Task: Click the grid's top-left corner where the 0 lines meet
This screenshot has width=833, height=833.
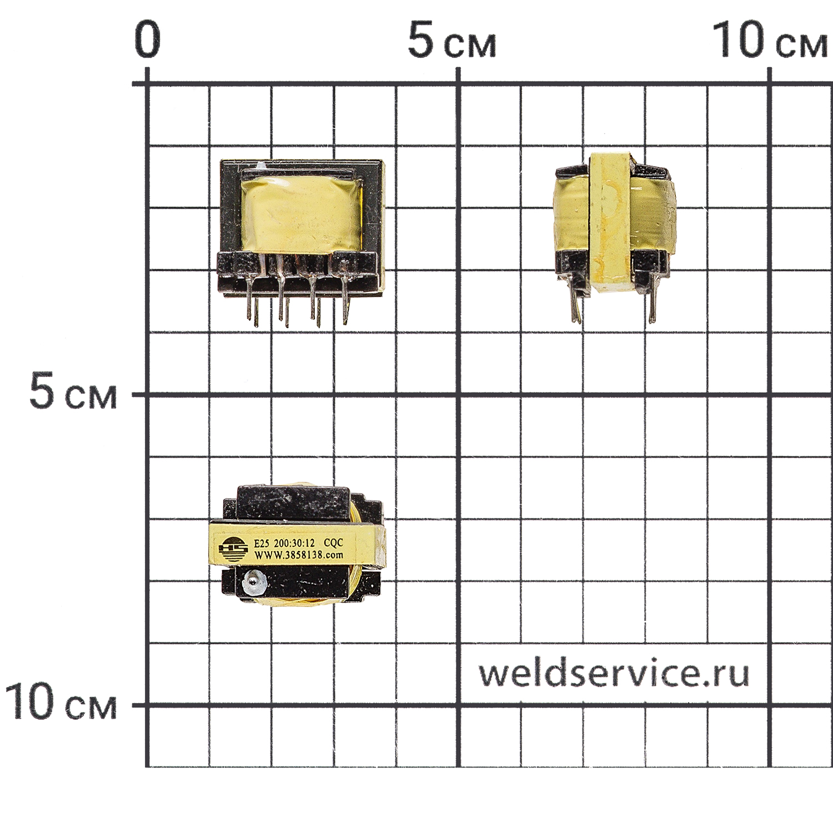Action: (147, 84)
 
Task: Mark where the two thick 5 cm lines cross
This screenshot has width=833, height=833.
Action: (458, 395)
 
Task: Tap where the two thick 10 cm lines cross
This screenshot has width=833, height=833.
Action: (769, 705)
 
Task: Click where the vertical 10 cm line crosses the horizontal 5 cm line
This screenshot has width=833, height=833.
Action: (769, 395)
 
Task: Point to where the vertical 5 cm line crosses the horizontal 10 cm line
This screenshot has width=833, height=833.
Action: (458, 705)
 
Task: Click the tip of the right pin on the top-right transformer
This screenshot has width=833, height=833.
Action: (653, 323)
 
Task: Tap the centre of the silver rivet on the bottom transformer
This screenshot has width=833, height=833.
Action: (253, 581)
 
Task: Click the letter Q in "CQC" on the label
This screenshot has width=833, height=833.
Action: (333, 543)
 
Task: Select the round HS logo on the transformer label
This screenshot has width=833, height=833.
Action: (233, 548)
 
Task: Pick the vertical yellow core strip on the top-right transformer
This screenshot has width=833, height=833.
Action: (609, 222)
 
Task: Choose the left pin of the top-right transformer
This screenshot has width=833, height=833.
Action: (575, 303)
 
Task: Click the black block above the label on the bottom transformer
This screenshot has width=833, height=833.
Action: (294, 503)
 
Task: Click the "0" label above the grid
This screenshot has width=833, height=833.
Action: (148, 39)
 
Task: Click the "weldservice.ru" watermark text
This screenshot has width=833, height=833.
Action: (614, 674)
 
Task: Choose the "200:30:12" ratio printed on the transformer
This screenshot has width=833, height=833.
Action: (294, 543)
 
